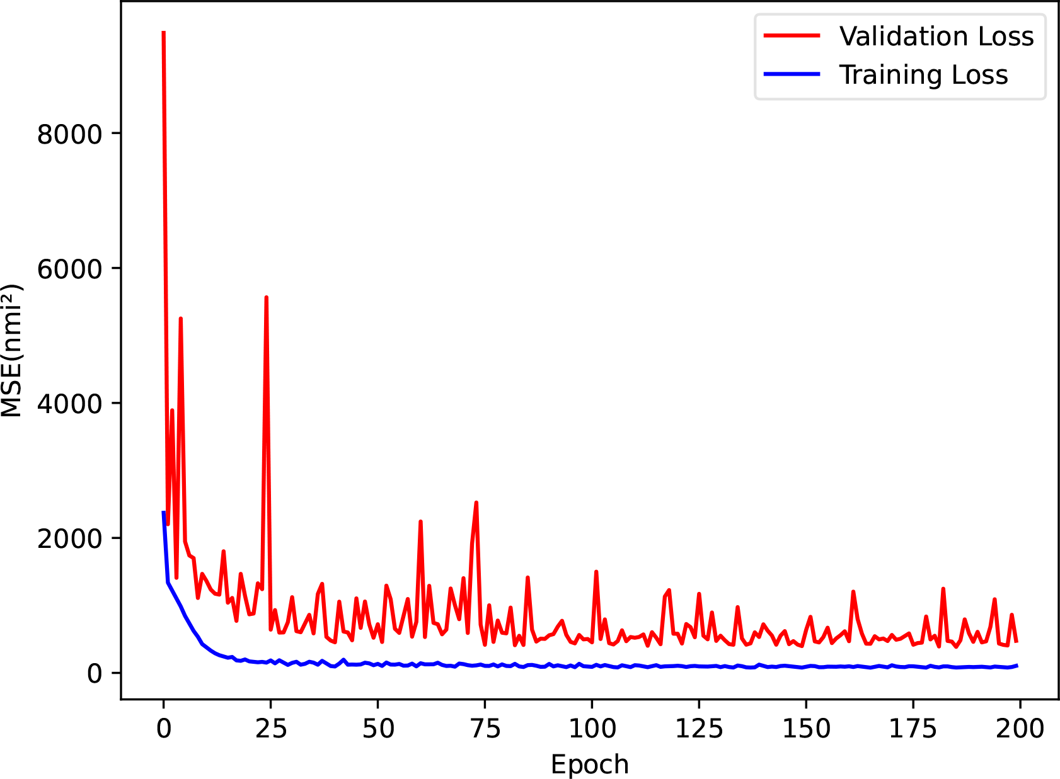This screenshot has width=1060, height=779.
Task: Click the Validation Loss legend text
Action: (936, 37)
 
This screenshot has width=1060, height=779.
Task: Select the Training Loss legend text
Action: (923, 74)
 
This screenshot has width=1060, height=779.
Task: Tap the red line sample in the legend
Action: (792, 36)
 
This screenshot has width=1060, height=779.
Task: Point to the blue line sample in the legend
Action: (792, 74)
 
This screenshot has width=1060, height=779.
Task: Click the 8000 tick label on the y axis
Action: (69, 134)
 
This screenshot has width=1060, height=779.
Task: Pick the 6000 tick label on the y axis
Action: (69, 269)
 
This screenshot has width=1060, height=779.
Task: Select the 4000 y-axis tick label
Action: (69, 404)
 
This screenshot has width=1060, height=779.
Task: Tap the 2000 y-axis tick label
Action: (69, 538)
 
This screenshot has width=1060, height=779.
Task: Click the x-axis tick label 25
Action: (270, 729)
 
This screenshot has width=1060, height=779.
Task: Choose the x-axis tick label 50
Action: (377, 729)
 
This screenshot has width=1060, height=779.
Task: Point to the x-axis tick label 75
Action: (485, 729)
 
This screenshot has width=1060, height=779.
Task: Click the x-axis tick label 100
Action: (592, 729)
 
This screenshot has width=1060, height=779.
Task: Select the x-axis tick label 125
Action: (699, 729)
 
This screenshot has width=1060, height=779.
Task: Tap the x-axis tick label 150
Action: (806, 729)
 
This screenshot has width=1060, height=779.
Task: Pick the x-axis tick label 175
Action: (913, 729)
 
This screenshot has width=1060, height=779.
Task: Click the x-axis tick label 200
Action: (1020, 729)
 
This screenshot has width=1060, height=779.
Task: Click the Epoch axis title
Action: (590, 765)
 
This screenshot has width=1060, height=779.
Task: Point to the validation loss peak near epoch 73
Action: (476, 503)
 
